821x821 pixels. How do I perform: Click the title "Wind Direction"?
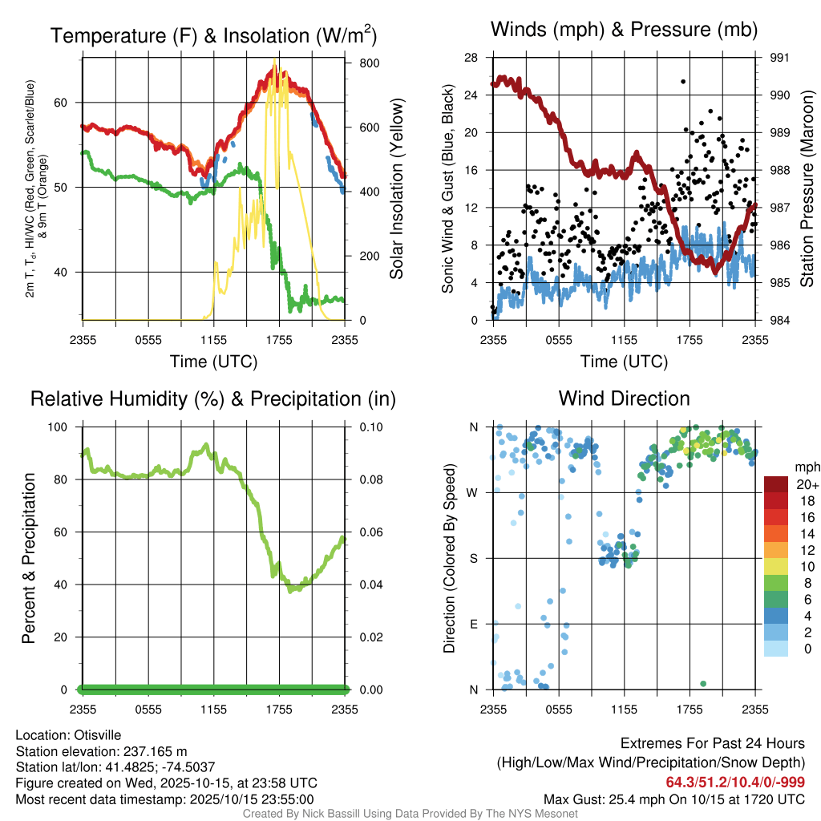(624, 398)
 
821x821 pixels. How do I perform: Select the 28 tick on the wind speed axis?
(471, 58)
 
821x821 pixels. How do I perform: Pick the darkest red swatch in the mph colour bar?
(776, 484)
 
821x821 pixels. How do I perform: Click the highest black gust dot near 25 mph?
(683, 81)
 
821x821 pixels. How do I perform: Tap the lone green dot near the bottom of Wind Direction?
(703, 683)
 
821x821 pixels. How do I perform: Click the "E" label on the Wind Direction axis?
(473, 624)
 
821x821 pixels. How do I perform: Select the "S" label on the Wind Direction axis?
(473, 558)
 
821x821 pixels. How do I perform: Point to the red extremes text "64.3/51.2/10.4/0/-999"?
(735, 783)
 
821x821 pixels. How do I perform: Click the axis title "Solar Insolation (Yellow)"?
(395, 188)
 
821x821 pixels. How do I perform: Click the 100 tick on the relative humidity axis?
(61, 427)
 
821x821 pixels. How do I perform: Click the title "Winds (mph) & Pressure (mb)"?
(624, 30)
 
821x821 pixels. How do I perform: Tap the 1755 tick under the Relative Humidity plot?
(280, 709)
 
